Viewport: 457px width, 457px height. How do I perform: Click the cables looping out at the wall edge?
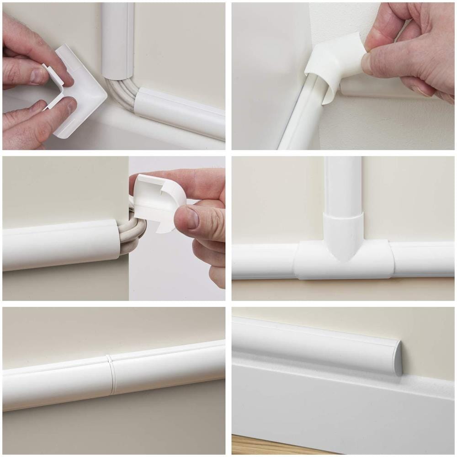[x=133, y=233]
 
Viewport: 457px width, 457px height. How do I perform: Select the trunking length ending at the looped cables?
[x=59, y=244]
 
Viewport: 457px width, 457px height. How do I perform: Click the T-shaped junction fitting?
[x=343, y=260]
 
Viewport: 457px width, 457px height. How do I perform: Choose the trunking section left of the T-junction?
[x=263, y=260]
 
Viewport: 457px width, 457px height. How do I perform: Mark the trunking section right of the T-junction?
[x=423, y=258]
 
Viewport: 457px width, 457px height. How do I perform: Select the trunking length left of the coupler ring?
[x=55, y=384]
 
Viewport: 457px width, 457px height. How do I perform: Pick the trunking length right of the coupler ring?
[x=169, y=366]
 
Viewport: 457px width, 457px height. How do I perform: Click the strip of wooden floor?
[x=274, y=446]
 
